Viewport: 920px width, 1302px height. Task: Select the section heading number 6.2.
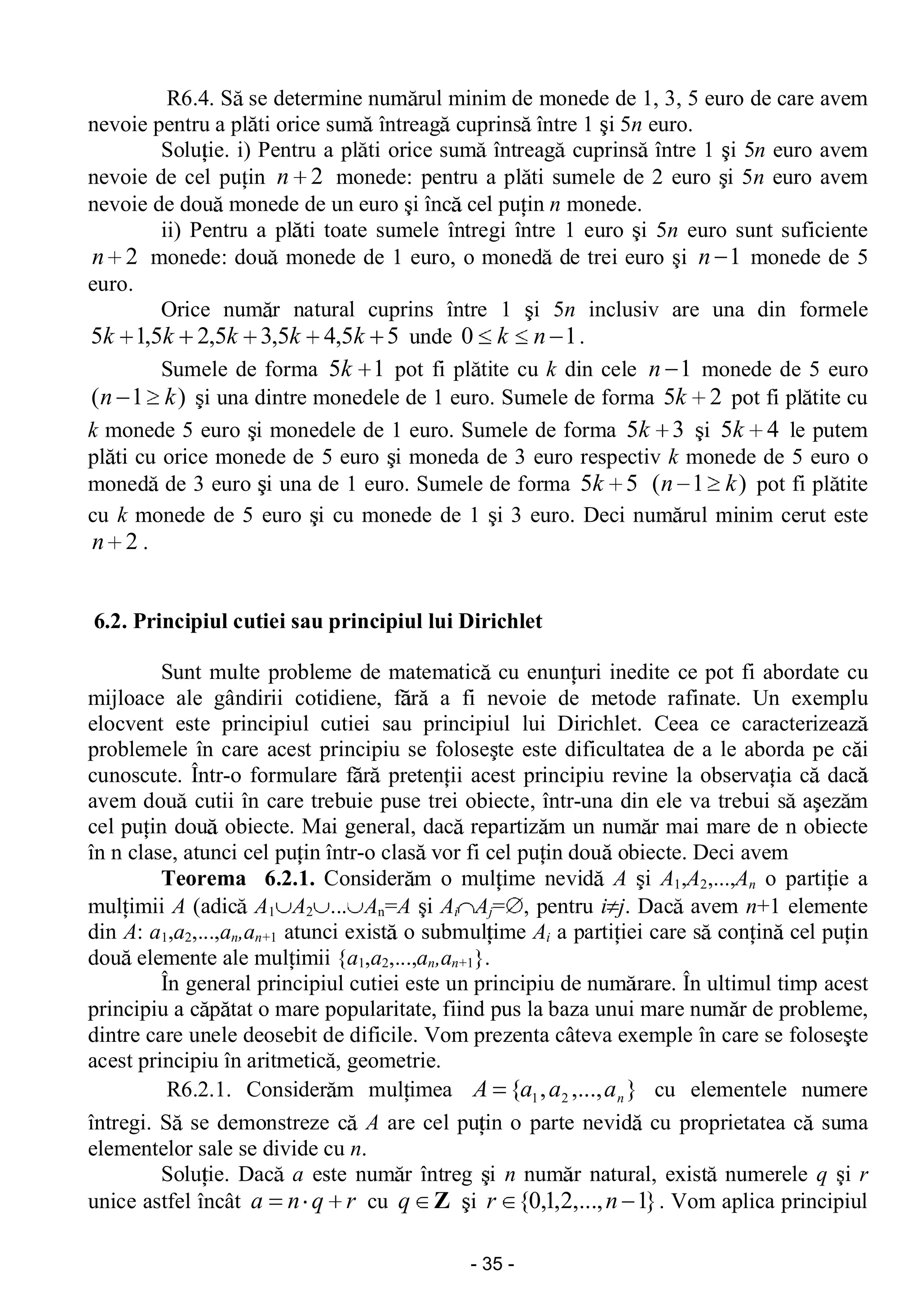point(111,621)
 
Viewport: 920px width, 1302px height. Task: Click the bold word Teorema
point(203,879)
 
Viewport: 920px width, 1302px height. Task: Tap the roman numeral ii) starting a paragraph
point(171,231)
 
